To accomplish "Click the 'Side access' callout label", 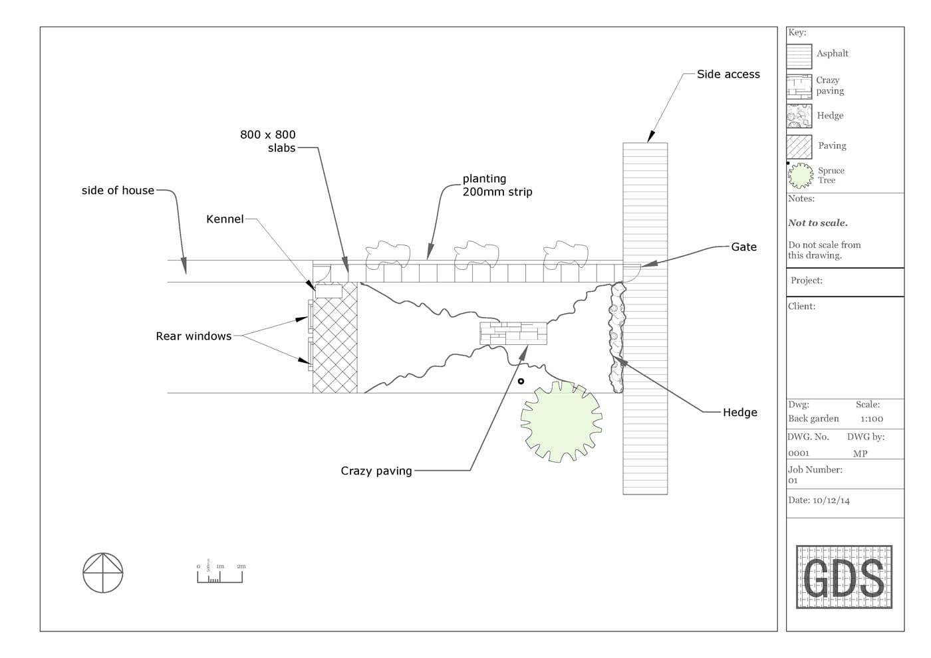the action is (x=728, y=74).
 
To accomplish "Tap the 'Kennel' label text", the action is (x=225, y=219).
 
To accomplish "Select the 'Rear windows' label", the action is (x=194, y=336).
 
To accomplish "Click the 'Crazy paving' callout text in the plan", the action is (x=376, y=471).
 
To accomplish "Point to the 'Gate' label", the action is (x=743, y=247).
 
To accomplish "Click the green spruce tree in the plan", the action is (x=561, y=421).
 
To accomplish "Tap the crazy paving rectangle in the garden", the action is (x=513, y=333).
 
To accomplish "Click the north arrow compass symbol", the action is (x=103, y=573).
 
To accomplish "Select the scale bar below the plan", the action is (x=220, y=573).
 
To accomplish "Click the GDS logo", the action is (x=844, y=577).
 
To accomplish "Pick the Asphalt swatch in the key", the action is (x=799, y=56).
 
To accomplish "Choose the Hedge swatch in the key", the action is (x=799, y=116).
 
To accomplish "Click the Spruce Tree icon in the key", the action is (x=801, y=175).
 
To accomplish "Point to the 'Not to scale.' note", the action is (x=818, y=223).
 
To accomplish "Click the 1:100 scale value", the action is (x=872, y=419).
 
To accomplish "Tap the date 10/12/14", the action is (x=831, y=500).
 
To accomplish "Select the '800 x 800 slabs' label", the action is (x=268, y=141).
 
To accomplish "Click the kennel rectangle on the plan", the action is (x=329, y=291).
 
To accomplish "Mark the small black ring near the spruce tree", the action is (x=521, y=381).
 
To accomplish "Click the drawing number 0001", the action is (x=799, y=453).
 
